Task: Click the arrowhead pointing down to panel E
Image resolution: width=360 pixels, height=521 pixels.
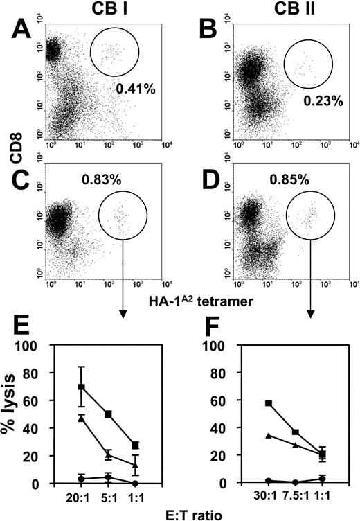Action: point(123,315)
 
